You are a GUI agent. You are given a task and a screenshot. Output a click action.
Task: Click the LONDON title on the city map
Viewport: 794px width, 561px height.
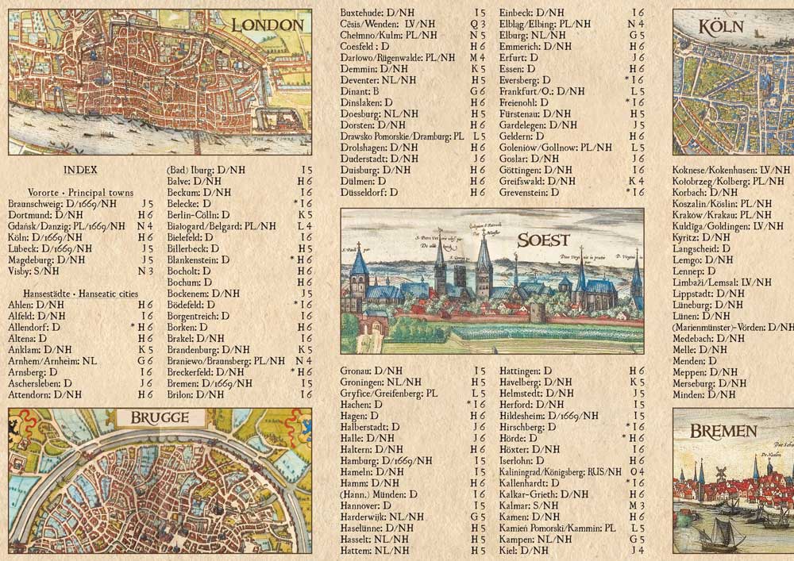click(268, 25)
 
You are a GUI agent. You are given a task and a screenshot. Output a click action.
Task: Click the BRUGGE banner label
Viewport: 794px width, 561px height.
click(155, 418)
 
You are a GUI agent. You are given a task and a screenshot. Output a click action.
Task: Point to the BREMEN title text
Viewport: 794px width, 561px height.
click(723, 432)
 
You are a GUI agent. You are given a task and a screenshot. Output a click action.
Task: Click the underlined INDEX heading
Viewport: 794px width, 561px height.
click(80, 170)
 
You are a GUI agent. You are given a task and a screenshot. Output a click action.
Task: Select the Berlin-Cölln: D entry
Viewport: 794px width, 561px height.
click(198, 214)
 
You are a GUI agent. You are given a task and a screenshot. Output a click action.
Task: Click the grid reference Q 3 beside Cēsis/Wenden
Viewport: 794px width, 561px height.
click(478, 24)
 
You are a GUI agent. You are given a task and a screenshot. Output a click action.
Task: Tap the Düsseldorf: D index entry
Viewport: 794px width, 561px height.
click(368, 192)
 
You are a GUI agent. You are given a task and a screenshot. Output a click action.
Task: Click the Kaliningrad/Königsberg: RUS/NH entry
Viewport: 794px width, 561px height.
click(561, 471)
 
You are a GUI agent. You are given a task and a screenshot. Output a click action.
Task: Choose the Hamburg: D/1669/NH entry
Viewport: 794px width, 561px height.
click(386, 460)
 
